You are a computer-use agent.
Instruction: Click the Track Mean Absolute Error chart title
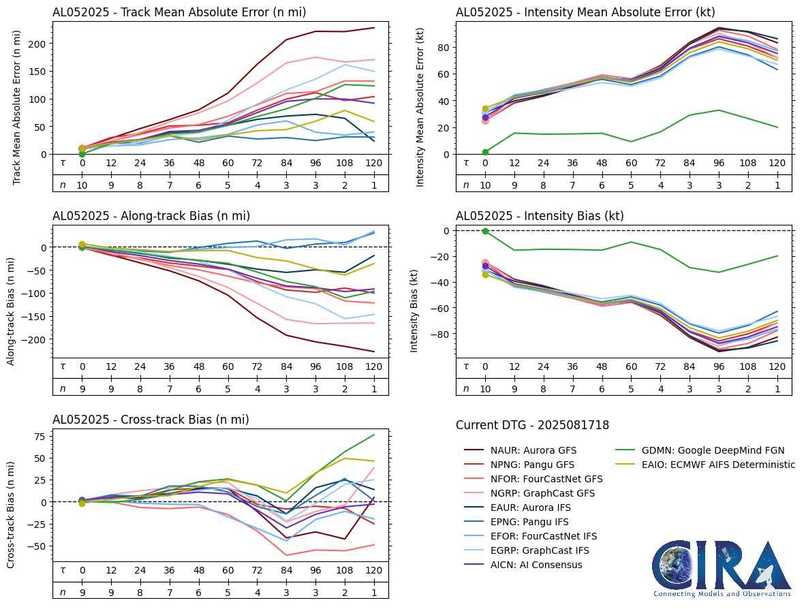179,12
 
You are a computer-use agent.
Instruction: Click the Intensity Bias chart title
540,216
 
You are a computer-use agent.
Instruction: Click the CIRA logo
722,568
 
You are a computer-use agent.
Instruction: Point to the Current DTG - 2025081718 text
532,425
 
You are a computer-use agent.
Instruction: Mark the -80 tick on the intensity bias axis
440,334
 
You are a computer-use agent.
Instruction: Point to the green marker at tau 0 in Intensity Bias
485,231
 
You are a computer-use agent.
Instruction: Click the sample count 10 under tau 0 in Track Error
82,185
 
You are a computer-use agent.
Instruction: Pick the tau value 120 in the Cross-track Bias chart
374,570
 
